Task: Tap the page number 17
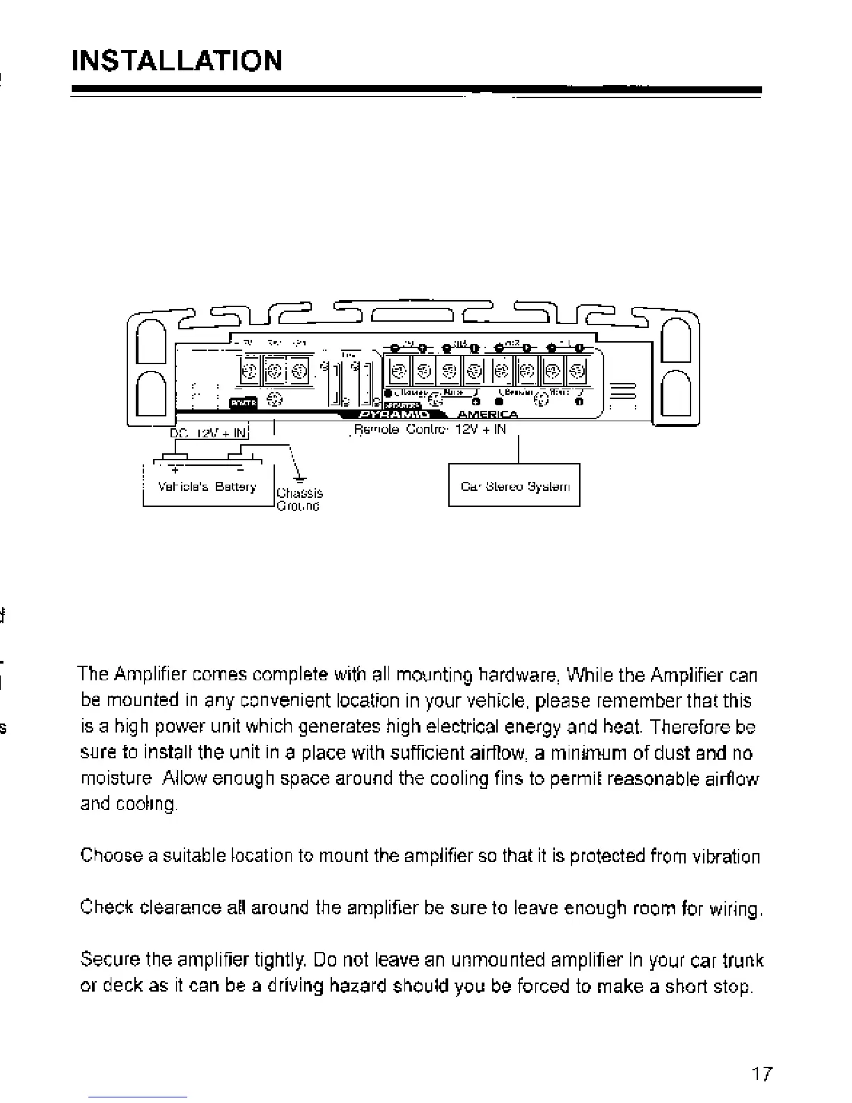click(x=762, y=1074)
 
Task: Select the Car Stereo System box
click(x=514, y=485)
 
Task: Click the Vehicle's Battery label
click(x=207, y=487)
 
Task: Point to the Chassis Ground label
click(x=299, y=499)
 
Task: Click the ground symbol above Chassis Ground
click(x=299, y=477)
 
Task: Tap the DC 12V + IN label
click(x=208, y=433)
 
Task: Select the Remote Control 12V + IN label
click(x=429, y=430)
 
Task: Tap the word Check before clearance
click(x=106, y=908)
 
